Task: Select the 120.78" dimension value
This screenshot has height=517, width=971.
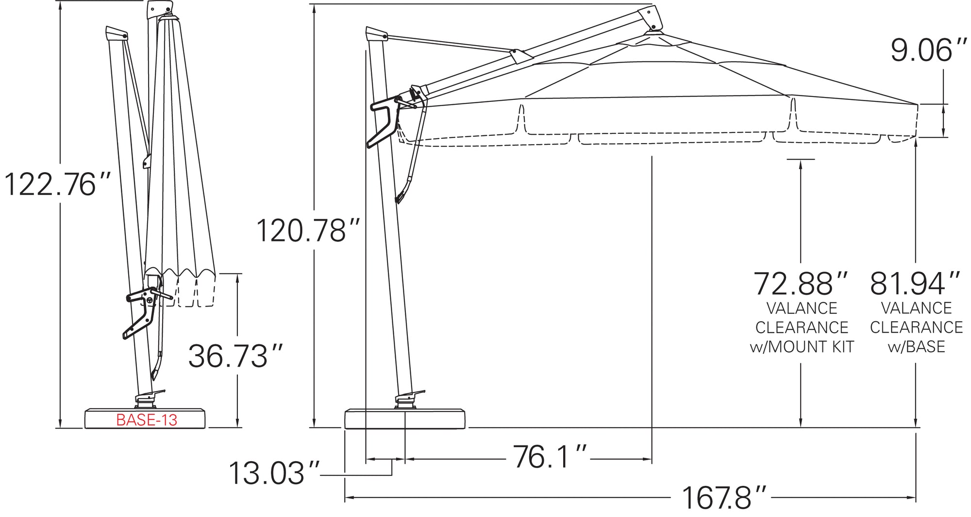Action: pos(308,231)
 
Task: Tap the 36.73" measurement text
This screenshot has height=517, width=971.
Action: pos(235,356)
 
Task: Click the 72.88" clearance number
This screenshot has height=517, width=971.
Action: pos(800,284)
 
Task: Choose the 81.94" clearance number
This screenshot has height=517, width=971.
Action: pos(915,284)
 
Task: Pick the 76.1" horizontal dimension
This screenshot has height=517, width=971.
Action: pos(549,457)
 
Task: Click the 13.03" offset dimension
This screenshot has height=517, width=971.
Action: pos(273,474)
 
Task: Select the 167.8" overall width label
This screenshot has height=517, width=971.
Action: pos(723,498)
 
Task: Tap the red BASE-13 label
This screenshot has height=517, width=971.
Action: pos(147,420)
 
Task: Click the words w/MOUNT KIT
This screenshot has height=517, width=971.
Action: pos(802,347)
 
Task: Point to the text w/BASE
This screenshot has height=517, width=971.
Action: pos(916,347)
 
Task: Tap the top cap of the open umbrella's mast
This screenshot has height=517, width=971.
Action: pos(376,34)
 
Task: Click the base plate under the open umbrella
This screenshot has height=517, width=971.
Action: pos(404,419)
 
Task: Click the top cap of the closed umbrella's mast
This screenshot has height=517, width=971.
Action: pos(117,33)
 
